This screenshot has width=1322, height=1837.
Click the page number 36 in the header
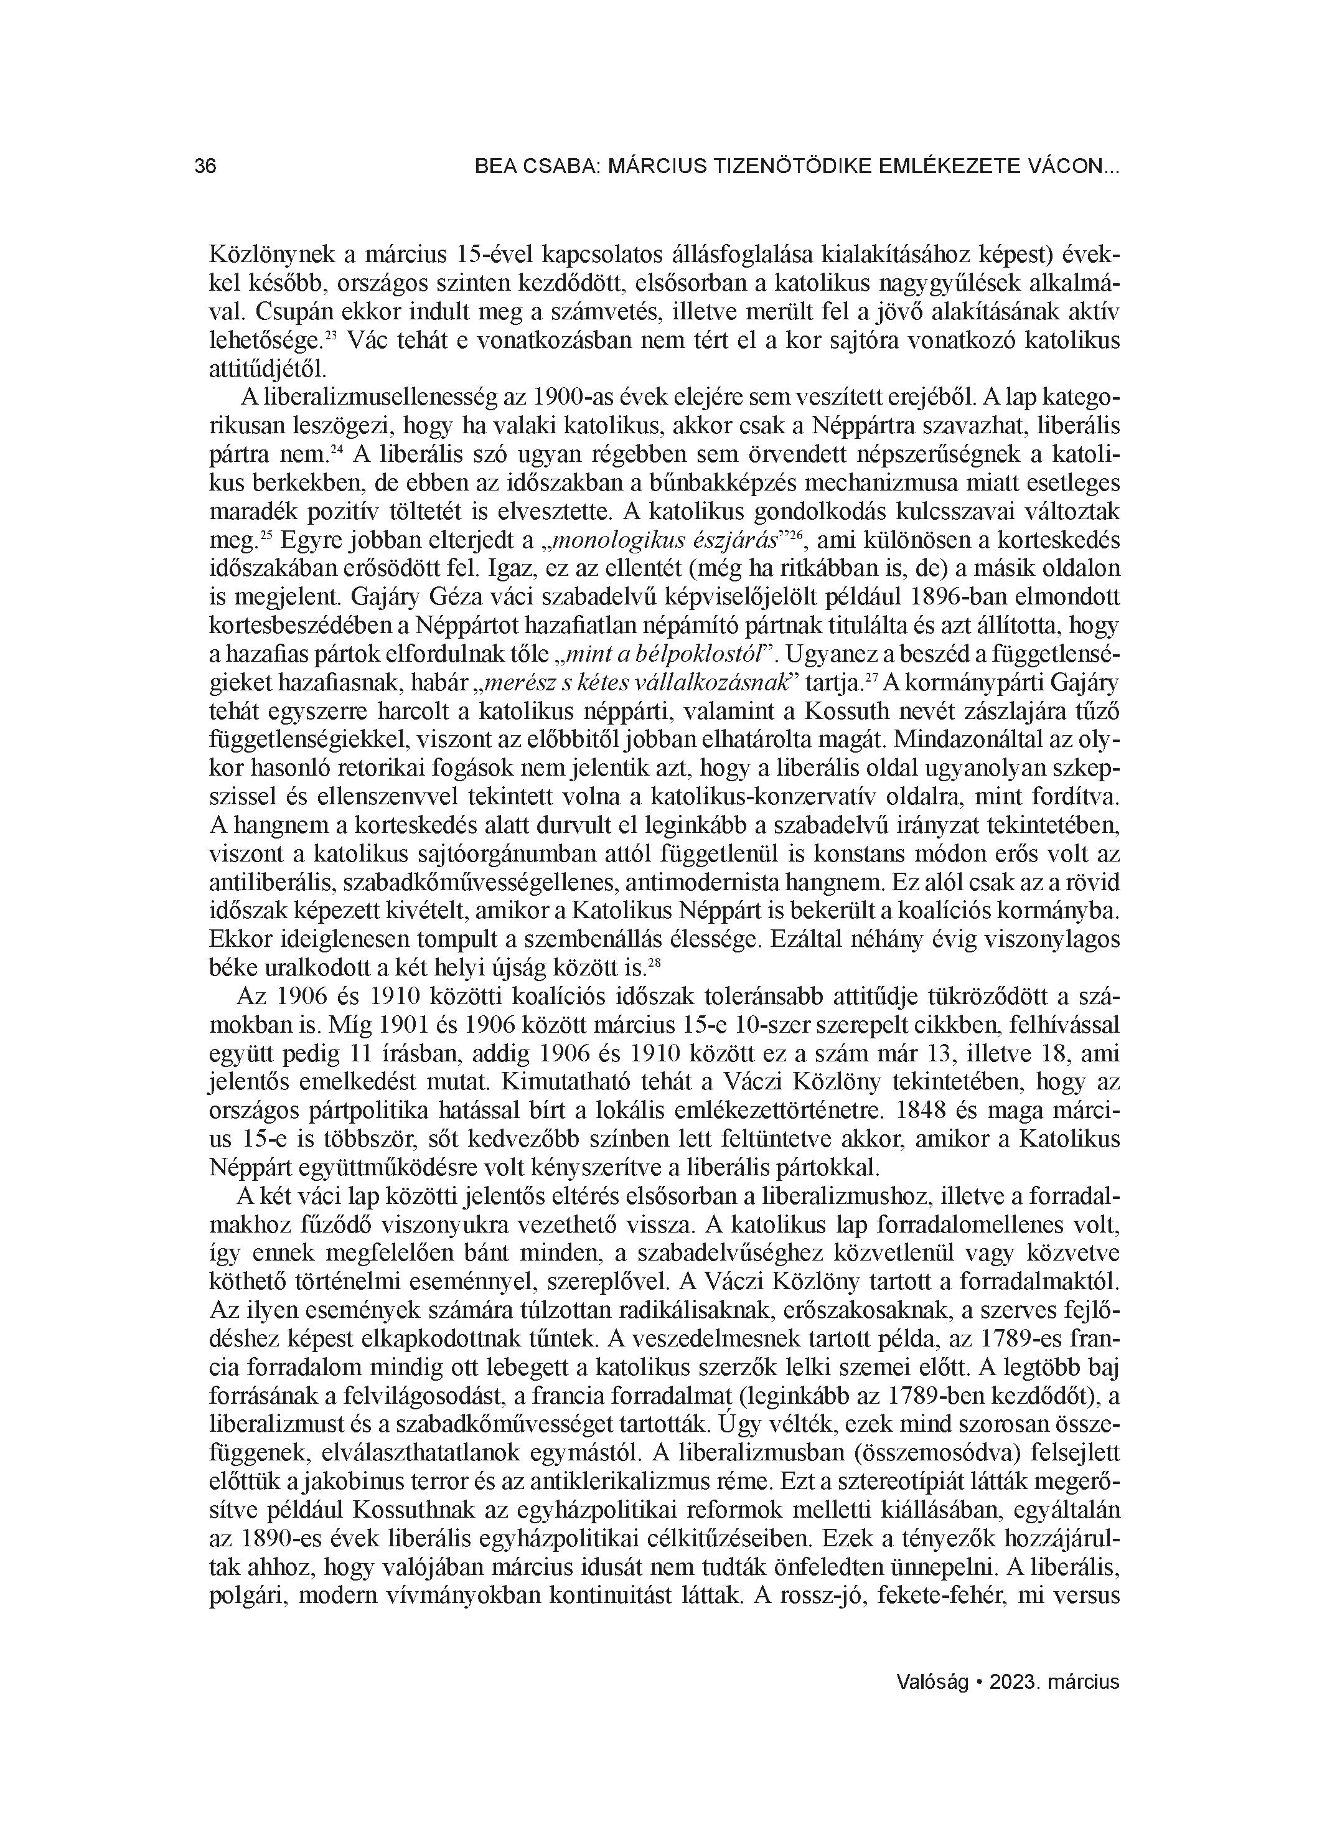pyautogui.click(x=205, y=167)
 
